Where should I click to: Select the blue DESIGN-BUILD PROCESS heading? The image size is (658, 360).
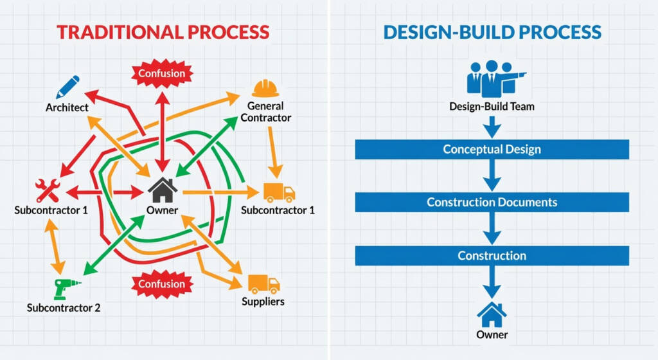(492, 32)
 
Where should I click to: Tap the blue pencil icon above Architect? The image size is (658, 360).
(67, 87)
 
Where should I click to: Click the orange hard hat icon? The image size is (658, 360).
(265, 88)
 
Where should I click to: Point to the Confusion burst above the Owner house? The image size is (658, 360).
(162, 73)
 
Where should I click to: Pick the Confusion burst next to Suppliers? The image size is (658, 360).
(162, 283)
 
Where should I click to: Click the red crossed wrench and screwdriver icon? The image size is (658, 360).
(48, 191)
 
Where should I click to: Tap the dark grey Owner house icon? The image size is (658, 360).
(163, 190)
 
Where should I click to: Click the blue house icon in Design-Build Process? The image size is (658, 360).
(492, 314)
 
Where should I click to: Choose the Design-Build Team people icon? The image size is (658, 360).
(493, 78)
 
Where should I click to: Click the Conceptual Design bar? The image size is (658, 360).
(492, 150)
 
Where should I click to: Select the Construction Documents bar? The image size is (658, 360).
(492, 203)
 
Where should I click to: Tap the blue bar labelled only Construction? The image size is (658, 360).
(492, 256)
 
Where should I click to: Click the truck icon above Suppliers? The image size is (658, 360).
(263, 283)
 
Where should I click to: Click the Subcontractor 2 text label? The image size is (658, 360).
(64, 307)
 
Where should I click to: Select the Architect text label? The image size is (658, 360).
(67, 107)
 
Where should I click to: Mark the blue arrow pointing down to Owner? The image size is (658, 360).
(492, 281)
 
